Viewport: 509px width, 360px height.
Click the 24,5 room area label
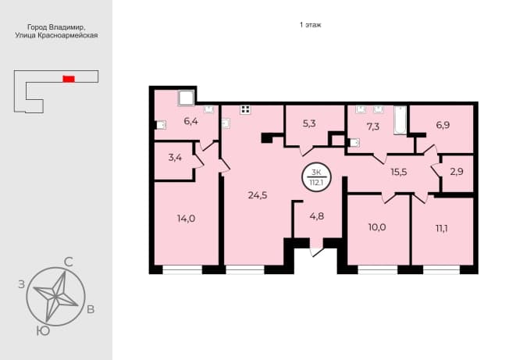click(x=258, y=195)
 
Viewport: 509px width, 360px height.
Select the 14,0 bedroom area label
click(x=186, y=219)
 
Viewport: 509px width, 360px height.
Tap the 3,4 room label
click(x=175, y=158)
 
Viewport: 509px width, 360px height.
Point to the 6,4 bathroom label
click(x=190, y=121)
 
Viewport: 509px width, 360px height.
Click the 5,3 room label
click(x=309, y=123)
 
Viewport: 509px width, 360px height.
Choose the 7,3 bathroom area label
click(x=373, y=127)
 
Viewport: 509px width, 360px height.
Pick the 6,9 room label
click(x=443, y=125)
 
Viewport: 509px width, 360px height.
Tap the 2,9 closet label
click(x=457, y=172)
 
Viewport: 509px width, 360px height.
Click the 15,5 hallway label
click(x=399, y=172)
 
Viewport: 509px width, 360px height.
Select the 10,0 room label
click(x=377, y=227)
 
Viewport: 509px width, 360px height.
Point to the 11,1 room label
click(x=442, y=229)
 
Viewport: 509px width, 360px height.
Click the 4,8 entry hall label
click(x=316, y=216)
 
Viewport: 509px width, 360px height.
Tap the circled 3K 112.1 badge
click(x=316, y=177)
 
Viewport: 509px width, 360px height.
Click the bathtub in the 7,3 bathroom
click(x=400, y=119)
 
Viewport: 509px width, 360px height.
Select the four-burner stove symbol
click(x=245, y=110)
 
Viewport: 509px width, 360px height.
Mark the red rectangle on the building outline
click(x=69, y=79)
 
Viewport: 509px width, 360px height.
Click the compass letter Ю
click(x=43, y=331)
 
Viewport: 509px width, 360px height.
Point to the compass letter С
click(x=68, y=262)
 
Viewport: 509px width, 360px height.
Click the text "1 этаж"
click(x=311, y=25)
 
